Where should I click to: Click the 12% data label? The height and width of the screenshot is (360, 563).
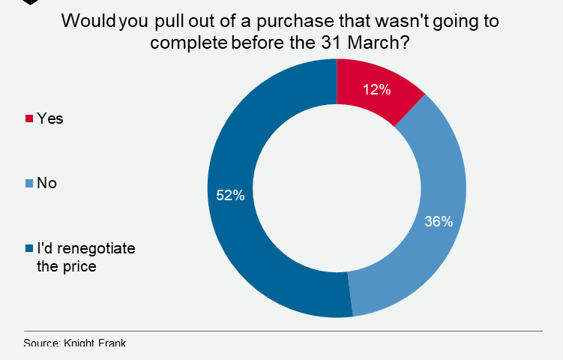pos(376,90)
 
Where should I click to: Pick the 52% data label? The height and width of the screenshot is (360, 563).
pos(230,196)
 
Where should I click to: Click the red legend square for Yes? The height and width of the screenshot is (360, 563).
pos(29,118)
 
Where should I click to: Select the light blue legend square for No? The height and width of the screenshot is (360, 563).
pos(29,183)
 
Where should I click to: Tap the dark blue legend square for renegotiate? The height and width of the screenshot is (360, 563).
pos(29,247)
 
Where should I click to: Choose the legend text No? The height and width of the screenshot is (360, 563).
pos(47,183)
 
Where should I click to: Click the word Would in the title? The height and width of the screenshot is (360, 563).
pos(87,21)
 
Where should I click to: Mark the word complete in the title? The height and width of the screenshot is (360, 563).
pos(188,42)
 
